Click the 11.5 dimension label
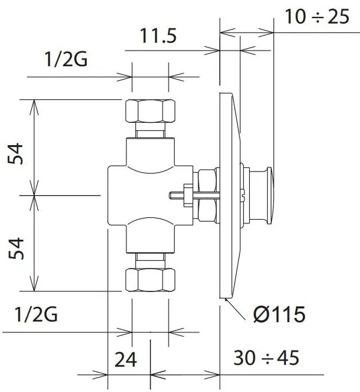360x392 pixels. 158,36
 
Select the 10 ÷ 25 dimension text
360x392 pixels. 317,16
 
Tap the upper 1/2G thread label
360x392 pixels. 66,59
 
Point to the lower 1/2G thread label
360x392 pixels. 36,314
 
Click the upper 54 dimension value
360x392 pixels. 16,154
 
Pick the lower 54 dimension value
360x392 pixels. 16,249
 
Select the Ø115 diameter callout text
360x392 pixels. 279,314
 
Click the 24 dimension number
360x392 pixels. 125,359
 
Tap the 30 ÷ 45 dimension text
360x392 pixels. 266,358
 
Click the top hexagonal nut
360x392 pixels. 150,111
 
